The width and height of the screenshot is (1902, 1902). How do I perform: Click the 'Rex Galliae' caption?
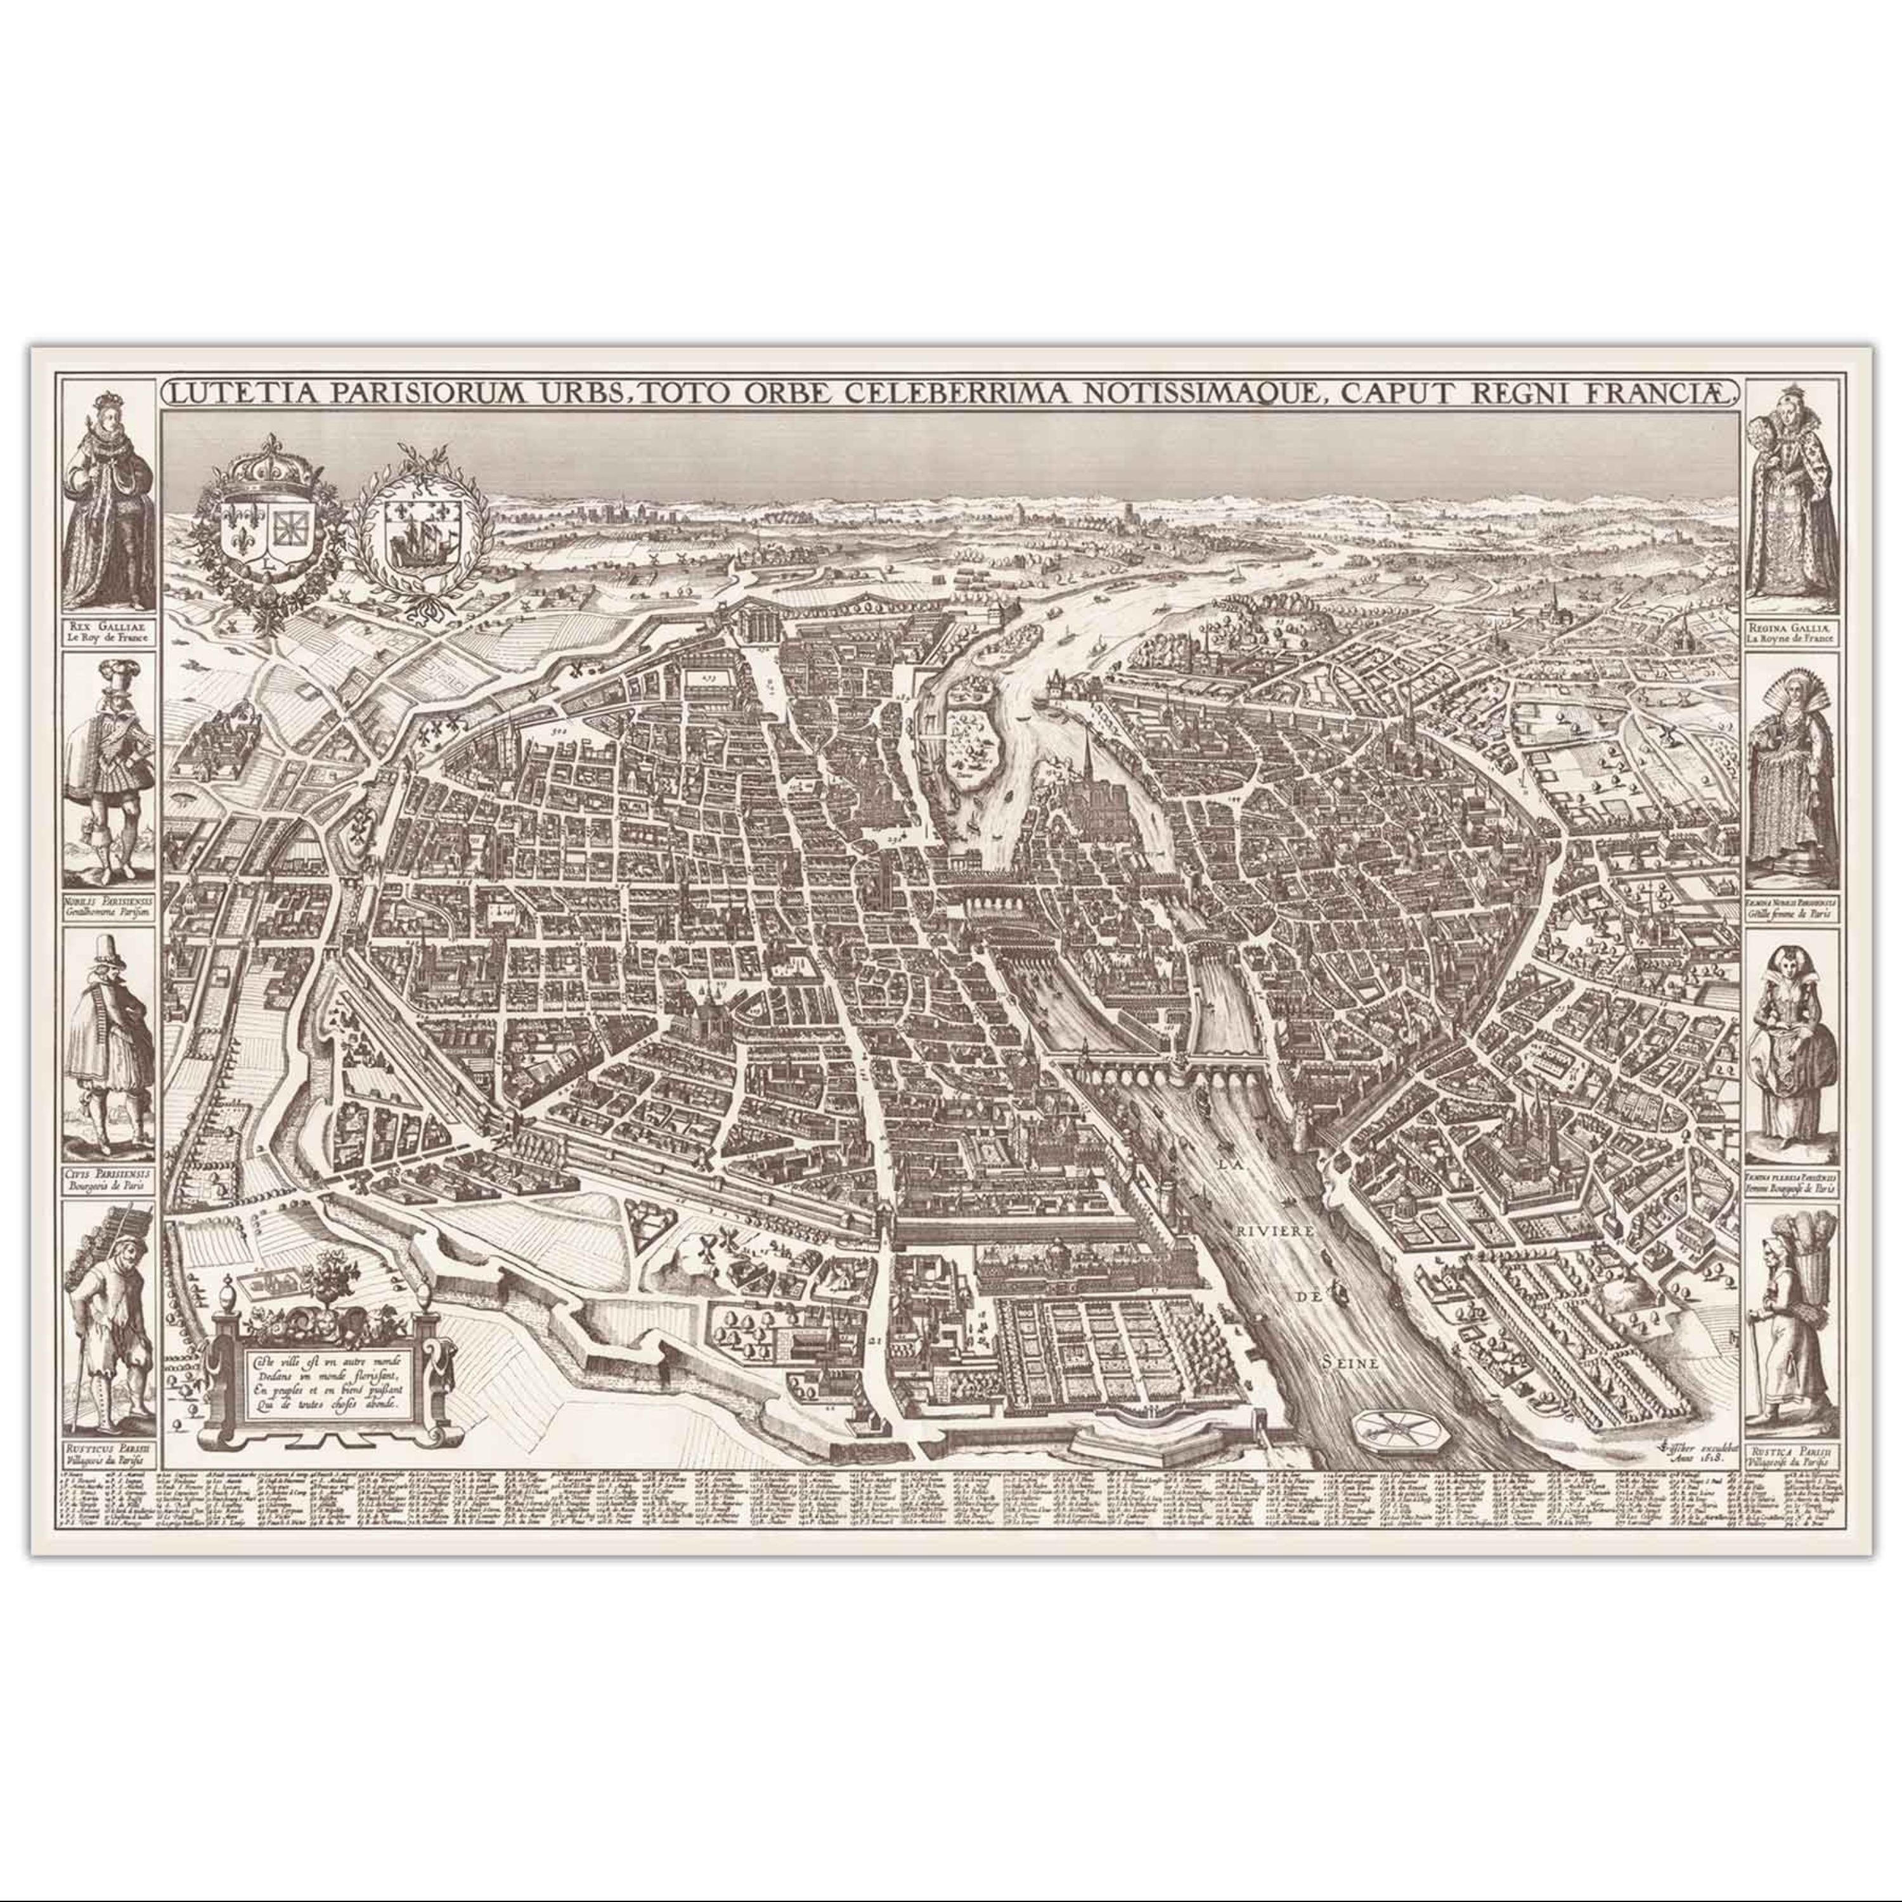[x=108, y=630]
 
